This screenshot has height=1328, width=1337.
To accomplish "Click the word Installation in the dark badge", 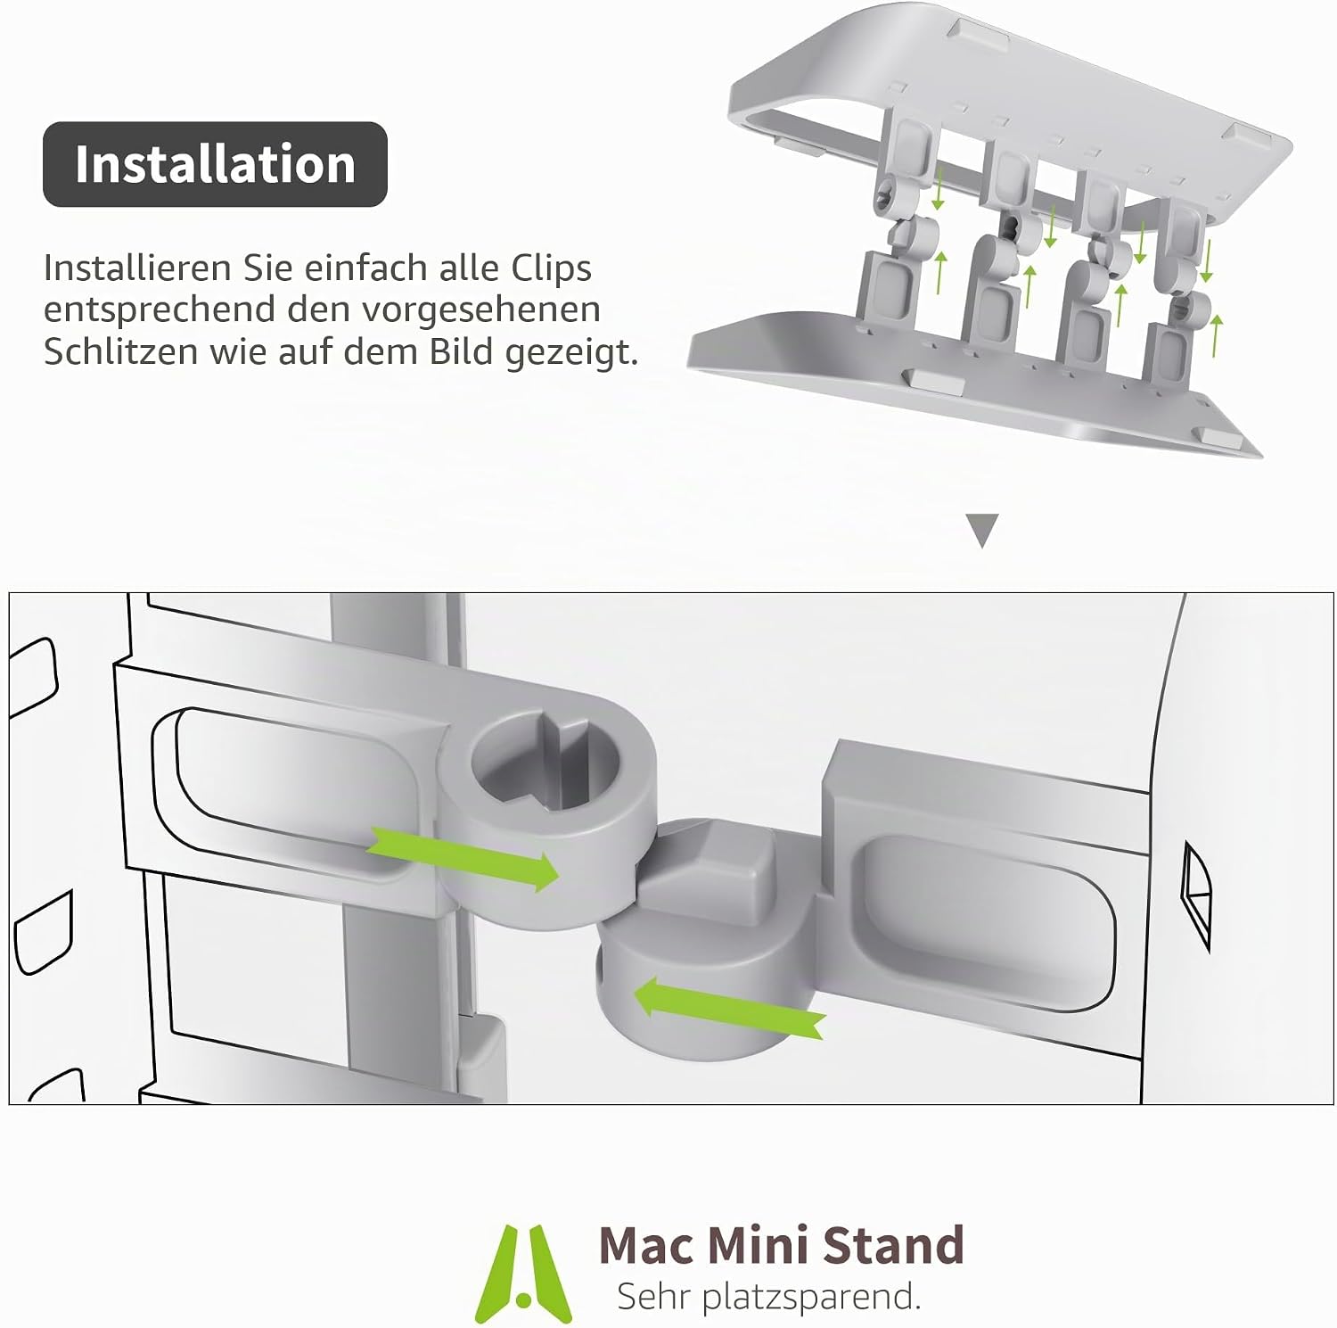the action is point(215,164).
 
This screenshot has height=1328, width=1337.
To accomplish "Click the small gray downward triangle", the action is point(982,530).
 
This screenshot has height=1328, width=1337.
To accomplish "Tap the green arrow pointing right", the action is point(463,857).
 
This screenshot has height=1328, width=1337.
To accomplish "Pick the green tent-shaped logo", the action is point(524,1273).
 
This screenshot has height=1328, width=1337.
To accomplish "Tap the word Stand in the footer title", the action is point(893,1245).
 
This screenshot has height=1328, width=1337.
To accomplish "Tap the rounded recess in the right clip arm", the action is point(985,923).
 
